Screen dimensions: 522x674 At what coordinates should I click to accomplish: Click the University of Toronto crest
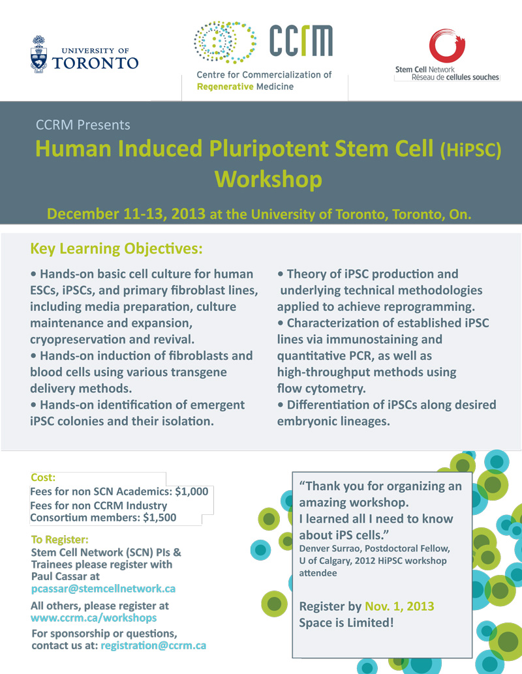pos(38,54)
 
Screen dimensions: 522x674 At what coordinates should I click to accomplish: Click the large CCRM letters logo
pos(301,40)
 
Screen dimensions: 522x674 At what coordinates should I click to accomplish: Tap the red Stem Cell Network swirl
pos(448,46)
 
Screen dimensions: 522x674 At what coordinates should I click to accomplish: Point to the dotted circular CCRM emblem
pos(225,42)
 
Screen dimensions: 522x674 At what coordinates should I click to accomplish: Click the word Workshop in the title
pos(269,179)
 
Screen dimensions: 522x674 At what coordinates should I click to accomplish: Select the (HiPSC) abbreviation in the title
pos(471,150)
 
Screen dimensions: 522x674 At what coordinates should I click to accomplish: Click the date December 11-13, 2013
pos(126,214)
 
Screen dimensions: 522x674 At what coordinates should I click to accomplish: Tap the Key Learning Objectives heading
pos(116,249)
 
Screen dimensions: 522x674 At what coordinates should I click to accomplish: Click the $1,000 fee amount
pos(191,491)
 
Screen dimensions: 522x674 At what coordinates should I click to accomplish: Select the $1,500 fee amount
pos(160,518)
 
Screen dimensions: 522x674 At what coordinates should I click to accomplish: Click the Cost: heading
pos(43,478)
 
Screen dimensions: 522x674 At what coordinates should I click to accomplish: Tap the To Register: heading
pos(60,540)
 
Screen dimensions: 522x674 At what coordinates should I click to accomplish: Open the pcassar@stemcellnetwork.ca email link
pos(103,589)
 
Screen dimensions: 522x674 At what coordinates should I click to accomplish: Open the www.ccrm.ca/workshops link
pos(94,618)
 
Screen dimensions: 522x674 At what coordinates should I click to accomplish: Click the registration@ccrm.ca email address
pos(153,645)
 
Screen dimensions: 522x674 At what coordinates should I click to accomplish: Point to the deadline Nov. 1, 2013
pos(399,606)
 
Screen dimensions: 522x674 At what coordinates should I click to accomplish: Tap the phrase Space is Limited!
pos(346,623)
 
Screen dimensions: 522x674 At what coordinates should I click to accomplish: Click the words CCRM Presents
pos(83,125)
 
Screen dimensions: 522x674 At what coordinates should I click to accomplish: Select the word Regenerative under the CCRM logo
pos(225,87)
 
